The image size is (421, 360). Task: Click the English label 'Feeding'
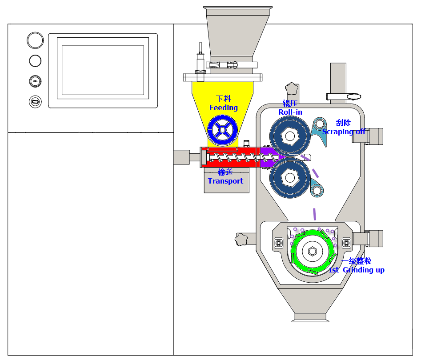tap(224, 108)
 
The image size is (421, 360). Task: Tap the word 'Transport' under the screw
tap(225, 181)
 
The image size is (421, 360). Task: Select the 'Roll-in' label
tap(290, 112)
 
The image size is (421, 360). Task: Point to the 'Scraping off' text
tap(344, 132)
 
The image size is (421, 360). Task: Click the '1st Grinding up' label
tap(357, 270)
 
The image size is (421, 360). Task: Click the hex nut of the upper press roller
tap(290, 136)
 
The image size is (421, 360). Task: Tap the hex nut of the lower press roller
tap(290, 178)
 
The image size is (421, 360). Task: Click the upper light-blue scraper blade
tap(320, 130)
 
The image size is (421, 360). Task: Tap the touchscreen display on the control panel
tap(103, 70)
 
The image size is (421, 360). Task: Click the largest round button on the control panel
tap(35, 40)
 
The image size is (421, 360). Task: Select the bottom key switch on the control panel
tap(35, 102)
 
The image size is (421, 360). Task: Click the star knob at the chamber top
tap(292, 88)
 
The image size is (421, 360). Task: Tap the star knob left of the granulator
tap(242, 239)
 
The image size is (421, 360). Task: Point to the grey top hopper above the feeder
tap(237, 33)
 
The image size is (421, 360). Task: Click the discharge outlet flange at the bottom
tap(310, 317)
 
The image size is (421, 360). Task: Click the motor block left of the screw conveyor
tap(182, 156)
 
